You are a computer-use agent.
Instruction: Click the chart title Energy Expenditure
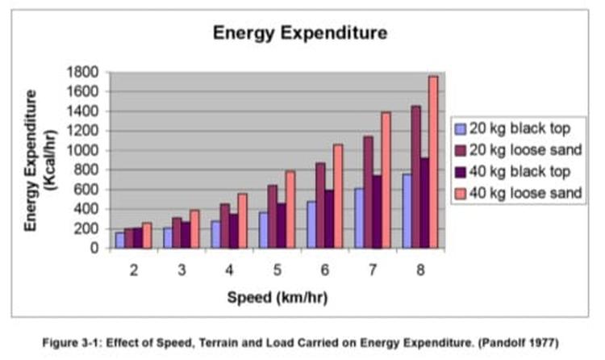tap(300, 33)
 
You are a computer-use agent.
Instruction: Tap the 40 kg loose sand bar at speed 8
tap(433, 162)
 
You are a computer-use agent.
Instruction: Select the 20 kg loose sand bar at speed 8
tap(415, 177)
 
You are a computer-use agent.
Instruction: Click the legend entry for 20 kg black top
tap(517, 128)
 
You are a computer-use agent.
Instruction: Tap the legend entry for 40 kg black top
tap(517, 171)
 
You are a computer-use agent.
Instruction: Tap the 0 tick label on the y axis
tap(94, 249)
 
